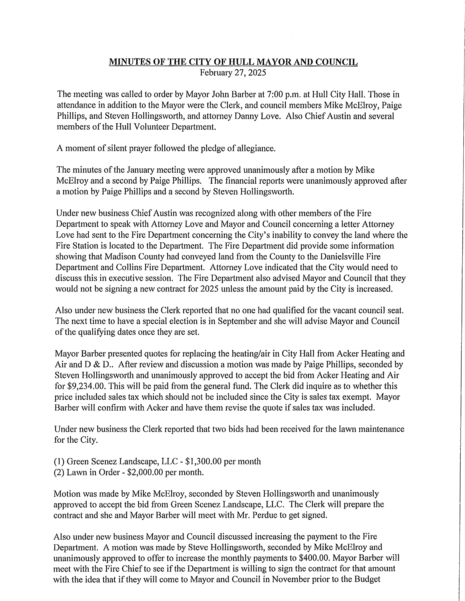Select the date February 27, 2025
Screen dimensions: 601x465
[x=233, y=73]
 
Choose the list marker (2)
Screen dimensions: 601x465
[x=59, y=472]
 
